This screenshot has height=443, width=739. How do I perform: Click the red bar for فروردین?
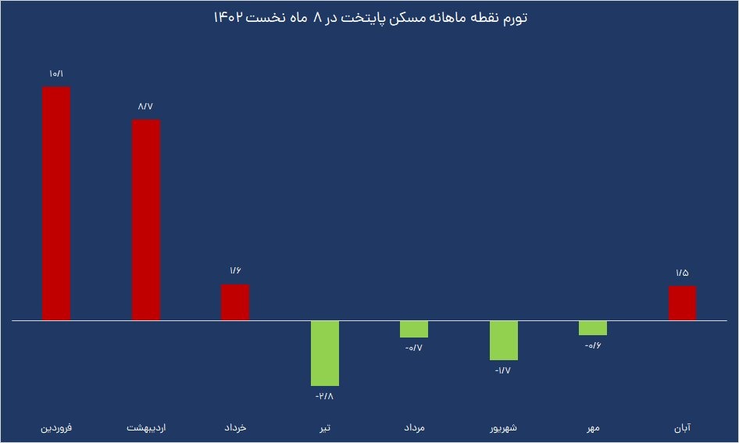point(56,203)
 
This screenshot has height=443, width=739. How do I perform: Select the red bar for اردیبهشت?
point(146,220)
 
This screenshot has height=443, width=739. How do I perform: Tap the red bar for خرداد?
point(235,302)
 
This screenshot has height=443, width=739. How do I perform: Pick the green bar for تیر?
point(325,353)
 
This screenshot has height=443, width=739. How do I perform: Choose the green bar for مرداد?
point(414,329)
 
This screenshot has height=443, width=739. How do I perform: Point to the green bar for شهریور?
point(504,341)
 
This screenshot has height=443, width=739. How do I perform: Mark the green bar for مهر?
point(593,328)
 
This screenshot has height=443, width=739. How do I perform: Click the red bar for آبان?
point(682,303)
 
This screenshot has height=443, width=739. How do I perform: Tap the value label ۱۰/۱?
point(56,74)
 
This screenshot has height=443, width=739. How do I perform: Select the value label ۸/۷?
point(146,106)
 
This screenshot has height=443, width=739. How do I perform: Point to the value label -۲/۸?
point(324,397)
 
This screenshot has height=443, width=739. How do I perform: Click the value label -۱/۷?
point(502,371)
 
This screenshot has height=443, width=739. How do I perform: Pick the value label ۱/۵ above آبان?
point(682,273)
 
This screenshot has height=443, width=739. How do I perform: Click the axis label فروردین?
point(56,428)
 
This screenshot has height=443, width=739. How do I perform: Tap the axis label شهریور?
point(504,428)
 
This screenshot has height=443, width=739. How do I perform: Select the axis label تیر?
point(325,428)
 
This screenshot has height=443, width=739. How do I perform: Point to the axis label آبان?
point(682,428)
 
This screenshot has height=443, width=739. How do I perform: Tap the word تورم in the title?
point(512,18)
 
